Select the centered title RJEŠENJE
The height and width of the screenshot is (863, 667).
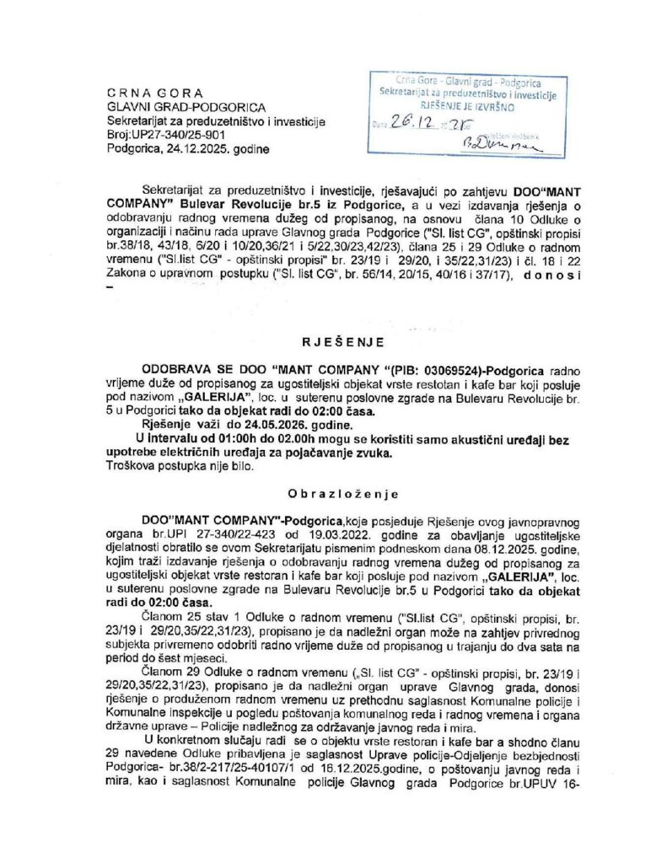click(x=333, y=342)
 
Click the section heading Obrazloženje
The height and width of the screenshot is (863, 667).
click(x=333, y=493)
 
